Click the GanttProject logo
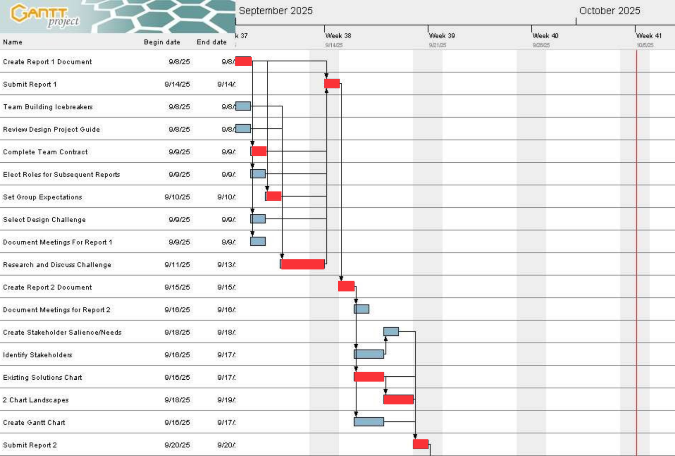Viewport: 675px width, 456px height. pos(44,15)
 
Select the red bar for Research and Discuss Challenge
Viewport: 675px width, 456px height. pos(302,264)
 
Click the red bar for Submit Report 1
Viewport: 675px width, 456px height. pos(332,84)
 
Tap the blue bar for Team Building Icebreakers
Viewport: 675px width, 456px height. pos(243,106)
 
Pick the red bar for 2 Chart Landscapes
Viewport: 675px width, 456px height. pos(398,399)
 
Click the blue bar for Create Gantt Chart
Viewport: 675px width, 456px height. pos(369,422)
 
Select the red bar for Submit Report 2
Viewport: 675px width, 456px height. pos(420,444)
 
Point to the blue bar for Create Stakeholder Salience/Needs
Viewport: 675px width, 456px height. pos(391,331)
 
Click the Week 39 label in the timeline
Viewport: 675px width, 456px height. pos(442,36)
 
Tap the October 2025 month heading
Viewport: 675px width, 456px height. pos(609,11)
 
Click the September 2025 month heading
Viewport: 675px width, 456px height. pos(275,11)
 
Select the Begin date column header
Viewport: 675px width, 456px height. pos(162,42)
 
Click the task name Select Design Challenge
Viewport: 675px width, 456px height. pos(44,220)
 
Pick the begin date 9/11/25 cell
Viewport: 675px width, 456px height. pos(177,265)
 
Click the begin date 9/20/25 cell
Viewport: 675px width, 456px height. pos(177,445)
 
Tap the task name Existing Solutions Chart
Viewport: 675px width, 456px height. pos(42,377)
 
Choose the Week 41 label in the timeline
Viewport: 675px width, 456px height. pos(649,36)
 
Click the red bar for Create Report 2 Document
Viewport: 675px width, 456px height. pos(346,286)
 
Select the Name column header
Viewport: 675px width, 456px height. pos(13,42)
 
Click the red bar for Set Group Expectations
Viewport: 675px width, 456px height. pos(273,196)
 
